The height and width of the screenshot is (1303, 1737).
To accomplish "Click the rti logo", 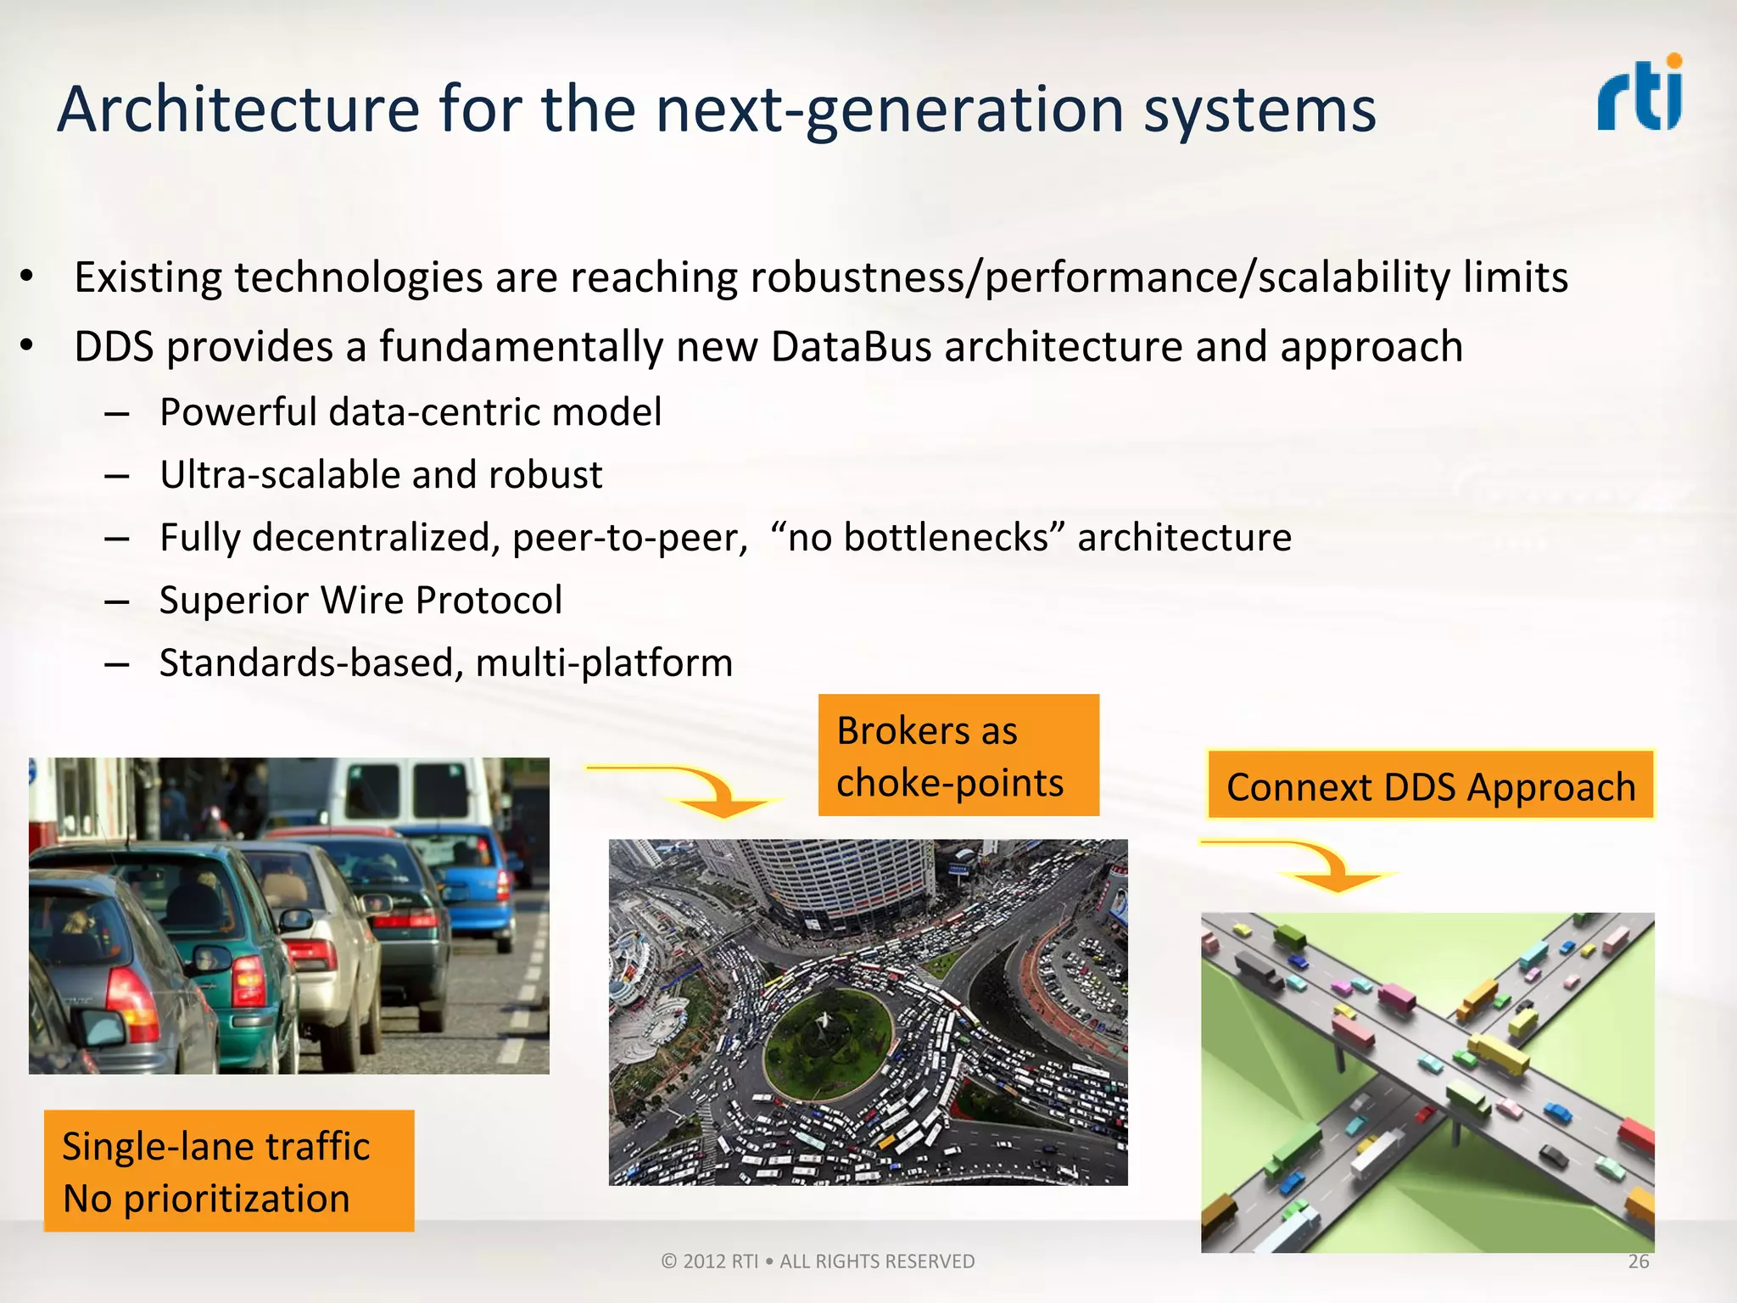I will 1639,94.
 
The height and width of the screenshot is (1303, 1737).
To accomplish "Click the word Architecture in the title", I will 238,109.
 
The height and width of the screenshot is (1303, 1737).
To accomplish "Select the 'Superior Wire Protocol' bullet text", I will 360,601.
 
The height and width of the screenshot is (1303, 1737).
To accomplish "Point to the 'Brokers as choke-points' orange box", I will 958,755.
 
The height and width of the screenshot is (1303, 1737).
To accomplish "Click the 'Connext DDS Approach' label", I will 1430,786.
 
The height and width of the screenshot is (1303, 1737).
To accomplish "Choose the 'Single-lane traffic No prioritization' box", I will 228,1171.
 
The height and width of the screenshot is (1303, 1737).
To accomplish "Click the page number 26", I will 1638,1261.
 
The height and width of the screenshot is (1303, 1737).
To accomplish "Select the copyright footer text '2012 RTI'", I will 720,1261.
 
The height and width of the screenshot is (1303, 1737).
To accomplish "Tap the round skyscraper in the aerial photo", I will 840,882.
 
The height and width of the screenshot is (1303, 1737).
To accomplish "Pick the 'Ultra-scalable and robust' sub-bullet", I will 381,475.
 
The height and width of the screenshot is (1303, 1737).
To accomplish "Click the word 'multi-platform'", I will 604,663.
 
